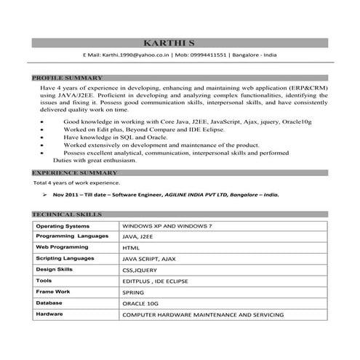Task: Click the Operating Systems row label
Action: coord(63,226)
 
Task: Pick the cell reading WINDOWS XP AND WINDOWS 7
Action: coord(167,226)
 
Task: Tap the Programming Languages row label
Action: coord(72,236)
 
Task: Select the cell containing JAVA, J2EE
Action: coord(138,237)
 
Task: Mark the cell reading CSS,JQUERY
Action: coord(140,270)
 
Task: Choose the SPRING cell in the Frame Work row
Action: coord(135,292)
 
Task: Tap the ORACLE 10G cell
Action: coord(140,303)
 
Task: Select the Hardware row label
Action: coord(50,313)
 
